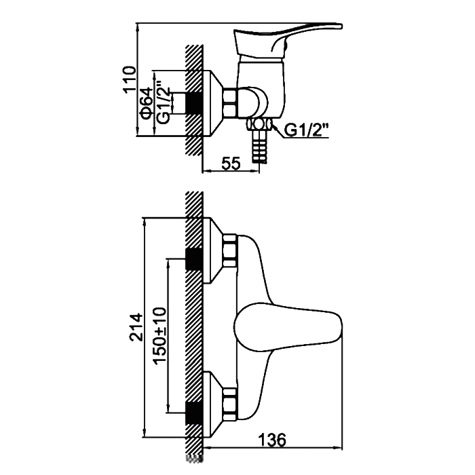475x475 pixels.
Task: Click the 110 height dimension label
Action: (128, 79)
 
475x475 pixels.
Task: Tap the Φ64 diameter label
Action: (146, 103)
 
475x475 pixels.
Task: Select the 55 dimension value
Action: (231, 164)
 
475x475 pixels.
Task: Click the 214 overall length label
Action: (136, 328)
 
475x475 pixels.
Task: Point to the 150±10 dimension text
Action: (159, 335)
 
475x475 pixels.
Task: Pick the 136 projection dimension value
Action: (271, 440)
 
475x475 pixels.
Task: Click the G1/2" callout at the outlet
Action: (306, 130)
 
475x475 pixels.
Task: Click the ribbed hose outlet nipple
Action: (259, 147)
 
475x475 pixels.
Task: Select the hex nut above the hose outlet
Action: (259, 124)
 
